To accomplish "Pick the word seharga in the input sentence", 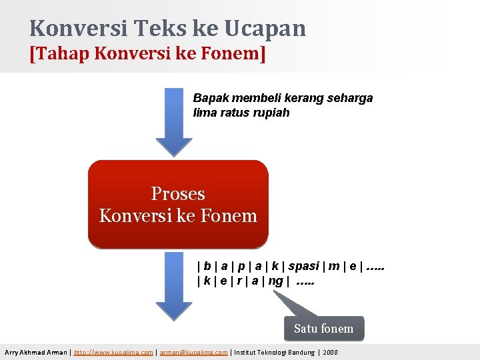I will [x=349, y=98].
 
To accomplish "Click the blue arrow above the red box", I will [x=174, y=123].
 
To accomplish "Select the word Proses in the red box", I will [x=178, y=194].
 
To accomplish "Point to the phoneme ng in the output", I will [x=275, y=281].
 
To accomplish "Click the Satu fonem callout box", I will [x=324, y=329].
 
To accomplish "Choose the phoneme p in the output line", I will [x=241, y=266].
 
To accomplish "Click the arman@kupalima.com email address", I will [x=193, y=352].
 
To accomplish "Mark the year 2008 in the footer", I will [x=330, y=352].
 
